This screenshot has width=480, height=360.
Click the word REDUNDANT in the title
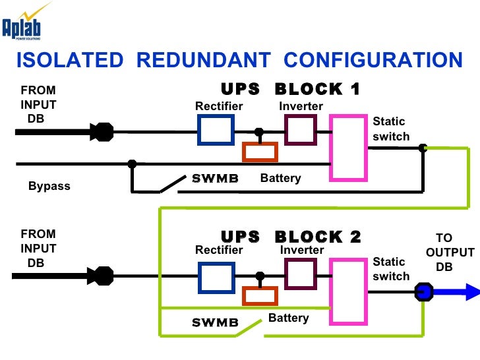204,60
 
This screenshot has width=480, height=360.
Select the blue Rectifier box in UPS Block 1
216,129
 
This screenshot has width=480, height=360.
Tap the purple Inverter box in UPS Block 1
301,129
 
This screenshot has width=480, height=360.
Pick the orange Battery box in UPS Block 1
260,152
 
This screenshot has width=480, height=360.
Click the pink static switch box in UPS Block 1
348,148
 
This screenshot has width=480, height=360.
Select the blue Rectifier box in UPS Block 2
216,278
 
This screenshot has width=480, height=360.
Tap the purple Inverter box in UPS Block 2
301,274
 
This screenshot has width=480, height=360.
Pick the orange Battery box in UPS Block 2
260,295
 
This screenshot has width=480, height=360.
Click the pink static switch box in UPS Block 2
348,291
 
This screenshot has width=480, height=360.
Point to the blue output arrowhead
472,291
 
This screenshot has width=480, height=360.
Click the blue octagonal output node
424,291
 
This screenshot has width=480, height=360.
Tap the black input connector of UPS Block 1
102,132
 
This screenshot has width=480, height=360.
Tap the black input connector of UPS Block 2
100,276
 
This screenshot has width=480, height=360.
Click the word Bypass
49,186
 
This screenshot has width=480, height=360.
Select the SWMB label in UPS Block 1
215,178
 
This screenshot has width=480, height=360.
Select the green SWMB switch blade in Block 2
249,328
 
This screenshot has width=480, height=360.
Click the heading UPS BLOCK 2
291,237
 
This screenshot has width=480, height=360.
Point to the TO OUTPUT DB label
450,253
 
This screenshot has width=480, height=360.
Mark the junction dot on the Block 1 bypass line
132,164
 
